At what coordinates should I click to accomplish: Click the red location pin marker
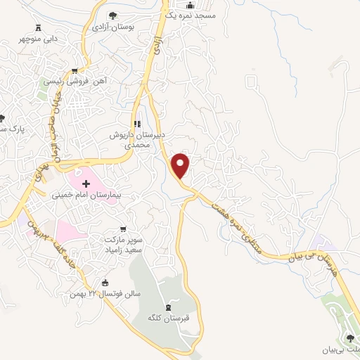click(x=181, y=166)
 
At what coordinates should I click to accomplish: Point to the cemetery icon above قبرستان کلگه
click(x=167, y=307)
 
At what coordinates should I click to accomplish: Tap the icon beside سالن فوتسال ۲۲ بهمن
click(x=106, y=283)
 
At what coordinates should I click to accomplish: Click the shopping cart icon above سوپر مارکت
click(x=124, y=229)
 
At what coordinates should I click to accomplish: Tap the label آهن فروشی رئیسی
click(x=75, y=81)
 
